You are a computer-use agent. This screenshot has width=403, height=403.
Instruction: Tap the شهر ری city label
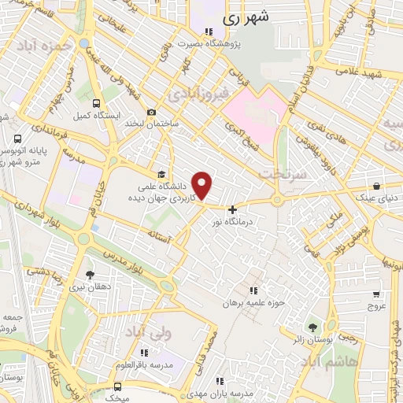click(246, 16)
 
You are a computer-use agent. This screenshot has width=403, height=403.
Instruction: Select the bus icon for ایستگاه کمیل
click(96, 103)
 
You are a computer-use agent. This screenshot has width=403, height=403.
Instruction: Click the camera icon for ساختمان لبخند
click(151, 113)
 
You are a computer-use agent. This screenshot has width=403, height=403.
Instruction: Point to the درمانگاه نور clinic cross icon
click(232, 209)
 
